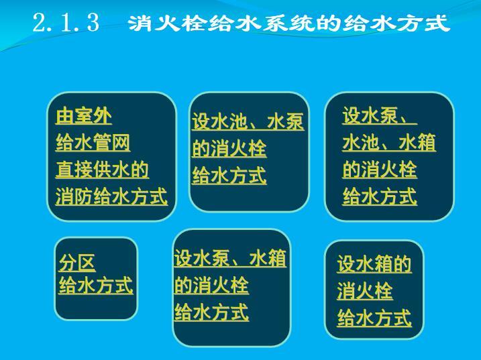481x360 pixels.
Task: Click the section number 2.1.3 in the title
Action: (66, 23)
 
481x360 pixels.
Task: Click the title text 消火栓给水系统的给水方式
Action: (288, 24)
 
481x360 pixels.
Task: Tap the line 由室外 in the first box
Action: (83, 117)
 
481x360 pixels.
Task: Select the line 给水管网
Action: (93, 143)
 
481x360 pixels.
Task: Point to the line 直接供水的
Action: (102, 170)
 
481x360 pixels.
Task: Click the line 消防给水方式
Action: (111, 197)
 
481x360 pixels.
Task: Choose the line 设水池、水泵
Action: (248, 122)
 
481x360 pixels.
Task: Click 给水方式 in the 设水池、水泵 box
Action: (229, 176)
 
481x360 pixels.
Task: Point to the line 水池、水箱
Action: (389, 143)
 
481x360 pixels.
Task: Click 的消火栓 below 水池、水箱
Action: (380, 170)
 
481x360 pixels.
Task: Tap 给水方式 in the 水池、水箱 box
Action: (380, 197)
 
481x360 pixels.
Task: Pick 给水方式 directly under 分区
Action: (96, 286)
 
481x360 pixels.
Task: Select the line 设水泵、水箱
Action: (230, 259)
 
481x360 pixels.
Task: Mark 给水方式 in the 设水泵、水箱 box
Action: (211, 312)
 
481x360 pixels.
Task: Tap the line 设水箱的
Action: (374, 265)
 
